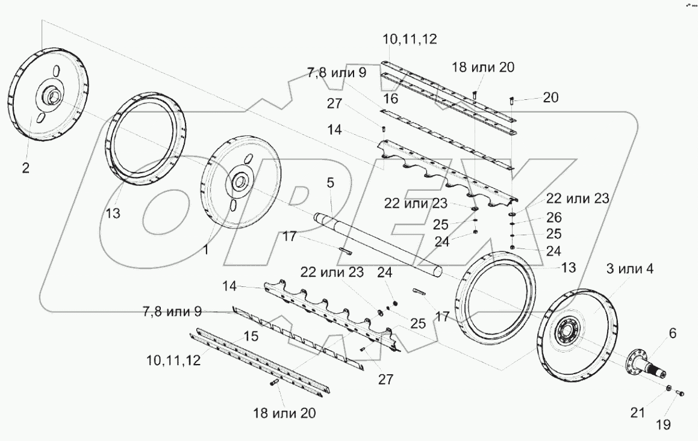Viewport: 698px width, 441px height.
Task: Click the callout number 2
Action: (25, 168)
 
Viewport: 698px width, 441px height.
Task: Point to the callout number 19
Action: (662, 425)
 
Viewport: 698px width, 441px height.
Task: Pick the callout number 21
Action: (638, 413)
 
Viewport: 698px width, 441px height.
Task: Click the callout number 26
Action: (553, 217)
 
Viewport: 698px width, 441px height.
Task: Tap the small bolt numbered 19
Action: (681, 393)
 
